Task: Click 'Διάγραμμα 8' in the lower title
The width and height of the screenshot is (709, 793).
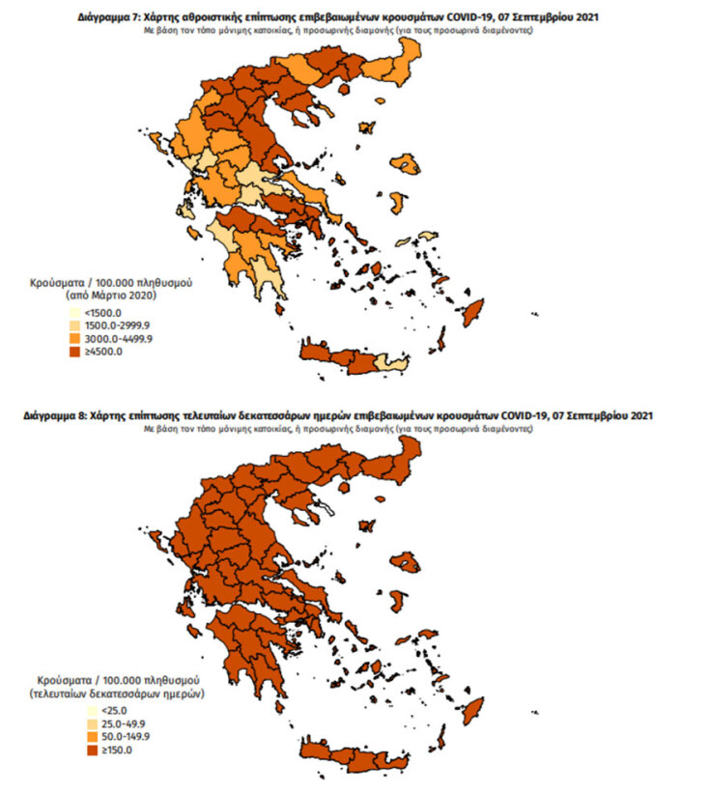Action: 52,416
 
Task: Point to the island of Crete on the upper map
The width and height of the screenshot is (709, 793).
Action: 338,359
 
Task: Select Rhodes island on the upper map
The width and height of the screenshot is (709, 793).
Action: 474,314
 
